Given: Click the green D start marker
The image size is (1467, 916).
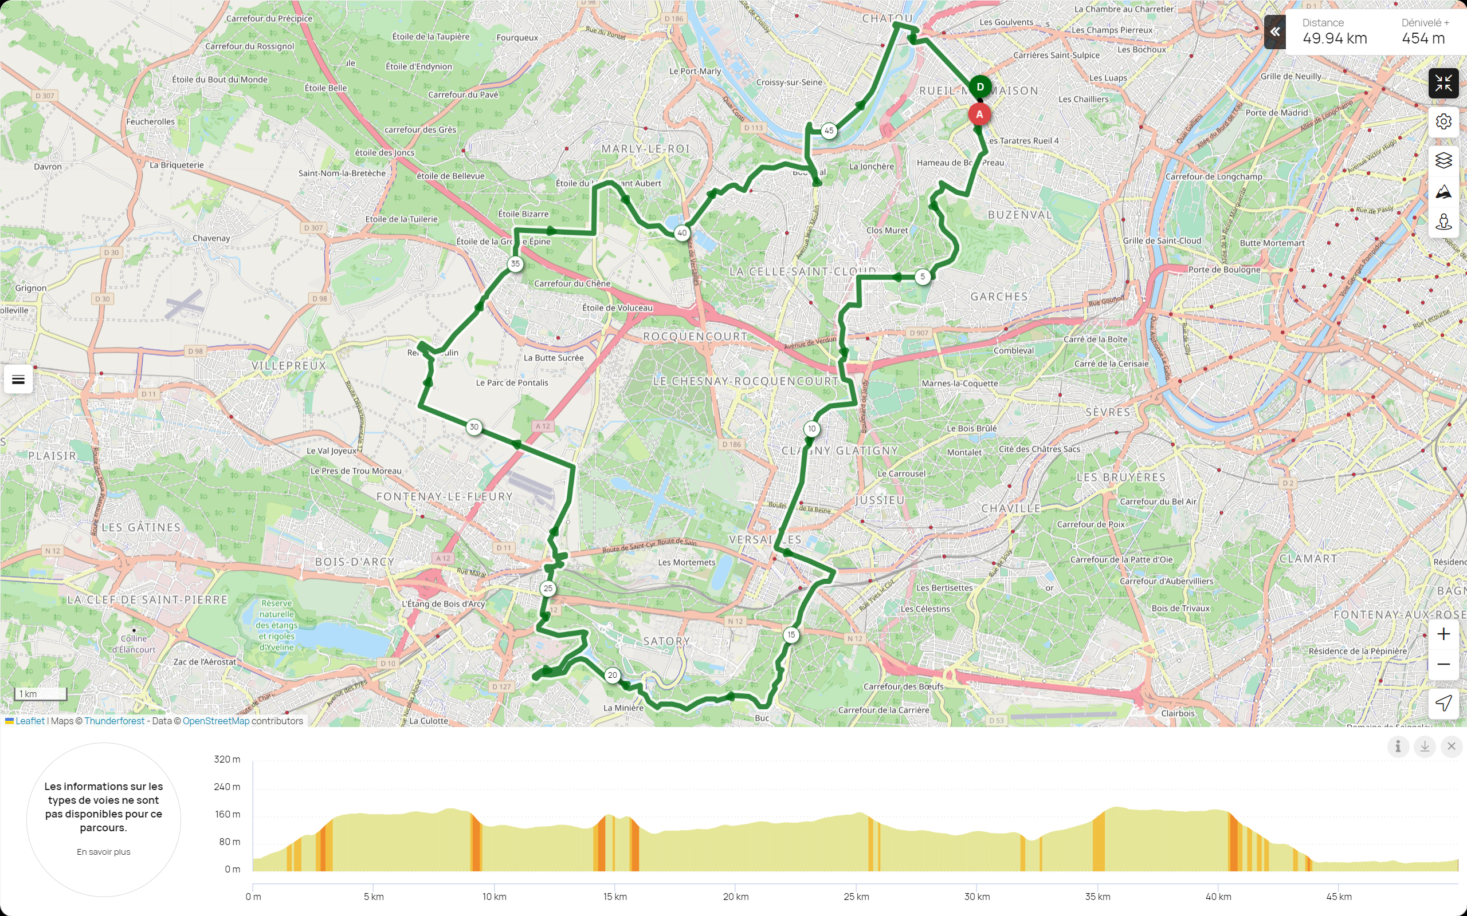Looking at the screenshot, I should tap(979, 87).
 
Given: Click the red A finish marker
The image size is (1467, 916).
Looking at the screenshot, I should tap(979, 114).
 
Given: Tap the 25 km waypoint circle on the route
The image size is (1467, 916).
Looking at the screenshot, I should tap(548, 589).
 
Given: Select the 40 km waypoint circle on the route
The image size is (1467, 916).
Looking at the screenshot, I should tap(682, 232).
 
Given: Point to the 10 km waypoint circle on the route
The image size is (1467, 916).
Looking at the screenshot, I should tap(811, 429).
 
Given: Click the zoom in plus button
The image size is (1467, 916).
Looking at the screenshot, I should tap(1444, 634).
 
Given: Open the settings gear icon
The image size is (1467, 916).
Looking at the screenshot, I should tap(1444, 122).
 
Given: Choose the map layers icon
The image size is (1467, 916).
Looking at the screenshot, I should tap(1444, 160).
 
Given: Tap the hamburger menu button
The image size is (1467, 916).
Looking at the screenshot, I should tap(18, 380).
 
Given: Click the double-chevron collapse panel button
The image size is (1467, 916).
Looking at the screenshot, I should tap(1275, 32).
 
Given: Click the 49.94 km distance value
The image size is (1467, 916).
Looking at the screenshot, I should tap(1334, 39).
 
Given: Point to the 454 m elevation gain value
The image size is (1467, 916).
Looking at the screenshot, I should tap(1423, 39).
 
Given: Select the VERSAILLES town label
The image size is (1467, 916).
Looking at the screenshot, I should tap(765, 540).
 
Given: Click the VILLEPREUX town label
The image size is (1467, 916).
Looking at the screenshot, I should tap(289, 366).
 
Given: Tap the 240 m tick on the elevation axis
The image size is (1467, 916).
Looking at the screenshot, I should tap(227, 787).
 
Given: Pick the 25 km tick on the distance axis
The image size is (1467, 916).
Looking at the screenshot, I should tap(856, 897).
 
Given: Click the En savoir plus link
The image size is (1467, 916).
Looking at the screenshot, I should tap(104, 852).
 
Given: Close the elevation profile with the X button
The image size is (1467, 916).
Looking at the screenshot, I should tap(1451, 747).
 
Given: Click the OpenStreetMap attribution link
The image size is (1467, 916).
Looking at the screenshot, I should tap(216, 721).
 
